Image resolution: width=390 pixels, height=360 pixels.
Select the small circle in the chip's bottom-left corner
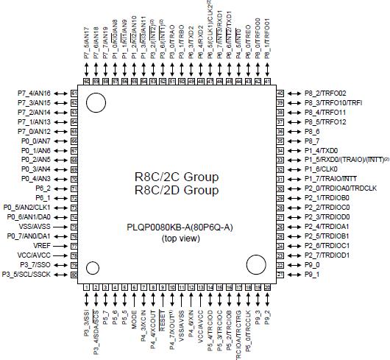[93, 267]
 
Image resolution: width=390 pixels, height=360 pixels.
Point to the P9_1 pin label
[313, 274]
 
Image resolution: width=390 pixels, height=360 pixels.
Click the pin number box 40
[280, 93]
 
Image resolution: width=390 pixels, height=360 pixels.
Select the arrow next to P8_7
[294, 140]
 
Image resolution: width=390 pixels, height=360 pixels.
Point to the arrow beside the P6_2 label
[60, 188]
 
